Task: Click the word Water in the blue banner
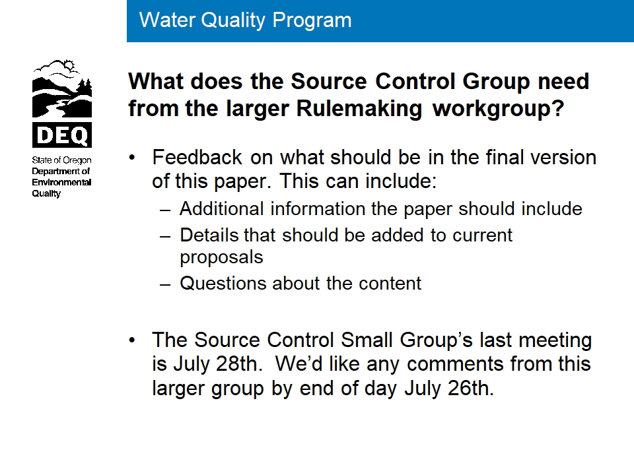(167, 20)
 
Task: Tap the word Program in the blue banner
(312, 21)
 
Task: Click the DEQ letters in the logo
(62, 135)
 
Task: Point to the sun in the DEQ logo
(69, 65)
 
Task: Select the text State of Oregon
(62, 160)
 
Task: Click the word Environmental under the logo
(62, 182)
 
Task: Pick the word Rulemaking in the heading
(359, 109)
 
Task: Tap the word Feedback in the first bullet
(197, 157)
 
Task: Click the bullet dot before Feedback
(132, 158)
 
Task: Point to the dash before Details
(165, 237)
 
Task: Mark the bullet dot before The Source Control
(132, 340)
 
